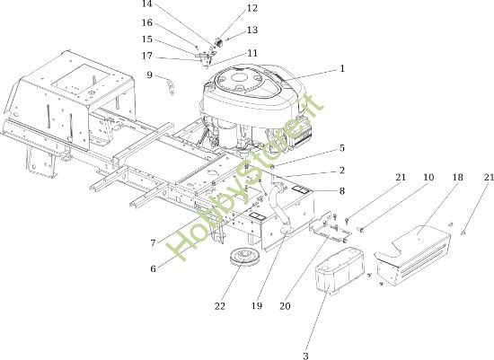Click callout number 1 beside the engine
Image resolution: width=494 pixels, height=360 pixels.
(x=342, y=67)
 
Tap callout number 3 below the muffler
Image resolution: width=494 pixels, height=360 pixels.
(x=305, y=356)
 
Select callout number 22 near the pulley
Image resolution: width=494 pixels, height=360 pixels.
(x=221, y=306)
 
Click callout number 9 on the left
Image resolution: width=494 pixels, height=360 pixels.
(x=149, y=75)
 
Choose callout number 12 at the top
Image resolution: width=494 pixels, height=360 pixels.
(x=226, y=8)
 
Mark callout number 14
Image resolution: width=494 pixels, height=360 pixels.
(x=147, y=4)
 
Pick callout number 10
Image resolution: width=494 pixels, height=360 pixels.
(x=403, y=180)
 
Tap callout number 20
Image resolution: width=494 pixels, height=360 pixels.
(x=286, y=306)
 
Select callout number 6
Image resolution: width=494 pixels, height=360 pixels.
(x=153, y=268)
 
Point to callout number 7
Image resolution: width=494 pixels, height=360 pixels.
(x=153, y=242)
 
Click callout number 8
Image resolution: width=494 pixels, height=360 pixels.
(x=342, y=190)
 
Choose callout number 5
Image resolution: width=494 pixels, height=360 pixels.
(x=342, y=148)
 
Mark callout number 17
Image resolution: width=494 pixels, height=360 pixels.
(x=147, y=56)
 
